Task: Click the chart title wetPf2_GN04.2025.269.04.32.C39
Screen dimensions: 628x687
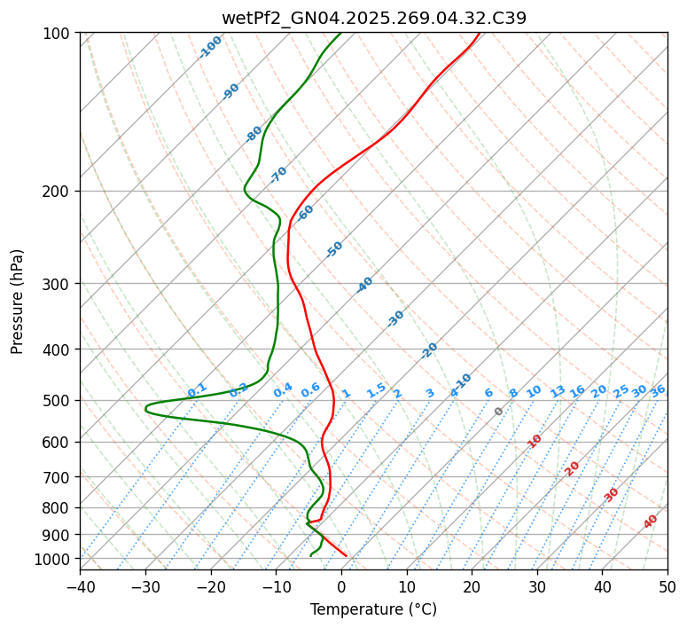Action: [x=373, y=17]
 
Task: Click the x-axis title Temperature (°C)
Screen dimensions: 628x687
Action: [x=373, y=610]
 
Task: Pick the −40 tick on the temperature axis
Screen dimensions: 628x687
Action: [x=80, y=586]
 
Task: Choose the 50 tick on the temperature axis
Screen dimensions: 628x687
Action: [x=667, y=586]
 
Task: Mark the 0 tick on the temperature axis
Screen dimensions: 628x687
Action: [x=341, y=586]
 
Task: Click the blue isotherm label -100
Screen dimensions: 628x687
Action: [x=211, y=46]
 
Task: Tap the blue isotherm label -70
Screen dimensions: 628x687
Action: [x=278, y=174]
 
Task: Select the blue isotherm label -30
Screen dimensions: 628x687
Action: [x=395, y=318]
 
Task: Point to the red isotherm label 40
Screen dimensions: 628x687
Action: [x=651, y=522]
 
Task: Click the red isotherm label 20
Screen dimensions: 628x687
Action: [x=572, y=467]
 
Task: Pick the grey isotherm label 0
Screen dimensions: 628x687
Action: [x=499, y=412]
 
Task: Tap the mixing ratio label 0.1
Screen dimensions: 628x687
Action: [x=197, y=389]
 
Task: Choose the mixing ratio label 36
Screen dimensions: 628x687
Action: [x=658, y=390]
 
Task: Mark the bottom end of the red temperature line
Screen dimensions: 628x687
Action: [x=346, y=556]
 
